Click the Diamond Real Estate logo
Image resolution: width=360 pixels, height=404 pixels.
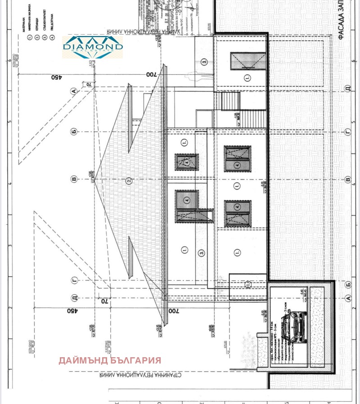93,47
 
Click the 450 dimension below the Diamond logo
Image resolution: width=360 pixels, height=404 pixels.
56,77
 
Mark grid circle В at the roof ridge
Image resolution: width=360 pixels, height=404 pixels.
74,180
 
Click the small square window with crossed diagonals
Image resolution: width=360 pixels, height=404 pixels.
186,162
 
